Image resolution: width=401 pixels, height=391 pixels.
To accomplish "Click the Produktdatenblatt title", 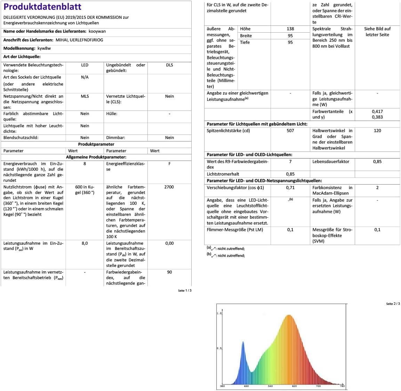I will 42,7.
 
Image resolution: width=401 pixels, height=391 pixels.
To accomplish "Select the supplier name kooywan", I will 97,31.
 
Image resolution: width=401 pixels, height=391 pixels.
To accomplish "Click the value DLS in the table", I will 169,65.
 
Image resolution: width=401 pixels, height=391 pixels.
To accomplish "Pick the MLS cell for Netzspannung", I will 85,96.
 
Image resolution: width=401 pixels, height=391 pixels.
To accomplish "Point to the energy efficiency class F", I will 169,164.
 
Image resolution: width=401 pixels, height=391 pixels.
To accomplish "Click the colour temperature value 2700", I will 169,187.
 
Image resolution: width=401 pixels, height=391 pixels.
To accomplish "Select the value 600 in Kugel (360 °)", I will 85,190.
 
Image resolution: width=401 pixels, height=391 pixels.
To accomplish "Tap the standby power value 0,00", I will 169,243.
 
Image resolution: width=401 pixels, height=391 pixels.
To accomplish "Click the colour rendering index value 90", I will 169,272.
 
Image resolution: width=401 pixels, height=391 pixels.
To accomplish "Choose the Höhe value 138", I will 290,29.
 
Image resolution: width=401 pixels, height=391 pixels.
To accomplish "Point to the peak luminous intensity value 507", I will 290,131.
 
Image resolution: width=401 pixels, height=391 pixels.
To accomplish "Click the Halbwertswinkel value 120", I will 377,131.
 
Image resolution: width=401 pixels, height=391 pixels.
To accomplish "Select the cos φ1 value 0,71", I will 290,188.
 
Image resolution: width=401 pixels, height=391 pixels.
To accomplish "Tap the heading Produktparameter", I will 96,144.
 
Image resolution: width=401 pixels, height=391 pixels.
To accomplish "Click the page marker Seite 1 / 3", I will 185,291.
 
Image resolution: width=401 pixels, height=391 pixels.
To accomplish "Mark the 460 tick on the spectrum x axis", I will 246,386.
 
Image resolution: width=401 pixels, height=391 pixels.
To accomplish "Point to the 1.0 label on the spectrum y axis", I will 219,313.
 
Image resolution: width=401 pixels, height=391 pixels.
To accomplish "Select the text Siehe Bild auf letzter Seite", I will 377,32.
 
